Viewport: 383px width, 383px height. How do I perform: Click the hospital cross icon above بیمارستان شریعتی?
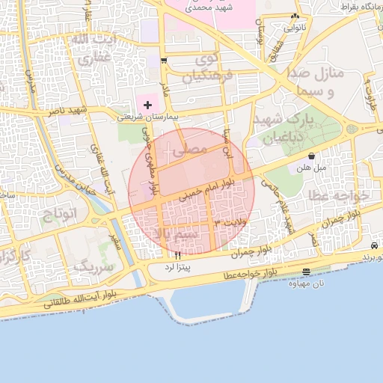coord(147,105)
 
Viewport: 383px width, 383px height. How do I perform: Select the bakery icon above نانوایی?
coord(295,16)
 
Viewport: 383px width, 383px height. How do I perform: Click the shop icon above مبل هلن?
coord(311,156)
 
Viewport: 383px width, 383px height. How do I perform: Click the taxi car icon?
coord(373,246)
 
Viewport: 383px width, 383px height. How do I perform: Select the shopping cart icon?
coord(164,60)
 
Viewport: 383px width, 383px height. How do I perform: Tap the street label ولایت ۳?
coord(230,223)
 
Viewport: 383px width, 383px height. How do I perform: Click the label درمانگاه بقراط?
coord(356,6)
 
